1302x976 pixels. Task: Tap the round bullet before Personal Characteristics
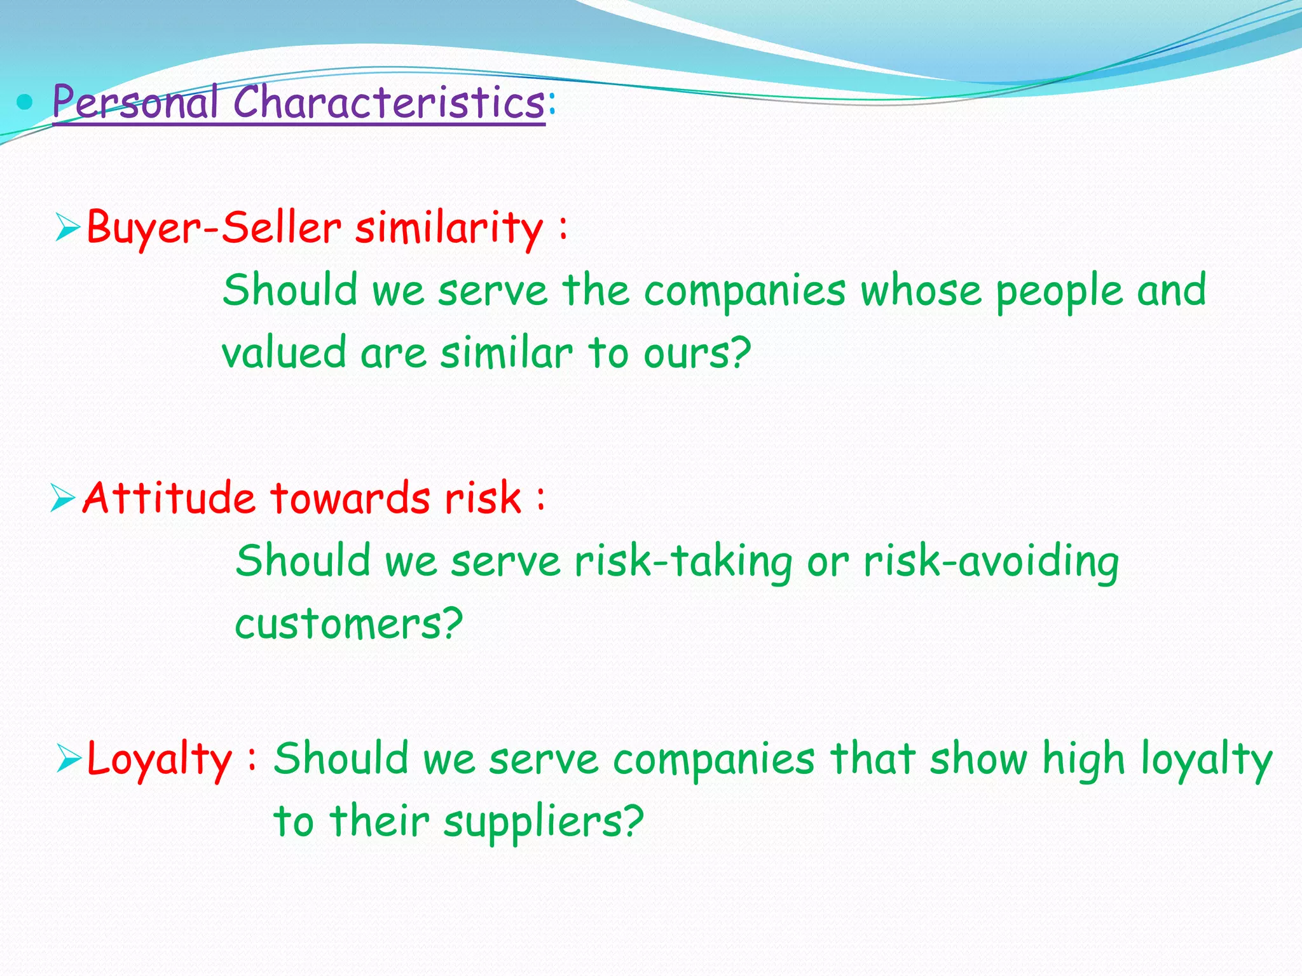pos(25,101)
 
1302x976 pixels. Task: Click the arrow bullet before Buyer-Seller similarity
pos(67,227)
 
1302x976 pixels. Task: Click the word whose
pos(921,290)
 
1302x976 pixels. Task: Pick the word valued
pos(284,353)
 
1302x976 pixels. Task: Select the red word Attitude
pos(169,498)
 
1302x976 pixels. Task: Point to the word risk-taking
pos(683,562)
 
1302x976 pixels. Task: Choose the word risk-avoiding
pos(990,562)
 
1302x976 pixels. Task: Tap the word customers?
pos(348,624)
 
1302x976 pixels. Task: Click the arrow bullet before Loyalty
pos(69,757)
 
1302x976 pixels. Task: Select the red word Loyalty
pos(159,759)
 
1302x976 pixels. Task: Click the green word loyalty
pos(1206,759)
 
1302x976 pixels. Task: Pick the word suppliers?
pos(544,822)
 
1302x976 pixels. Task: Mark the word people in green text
pos(1059,291)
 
